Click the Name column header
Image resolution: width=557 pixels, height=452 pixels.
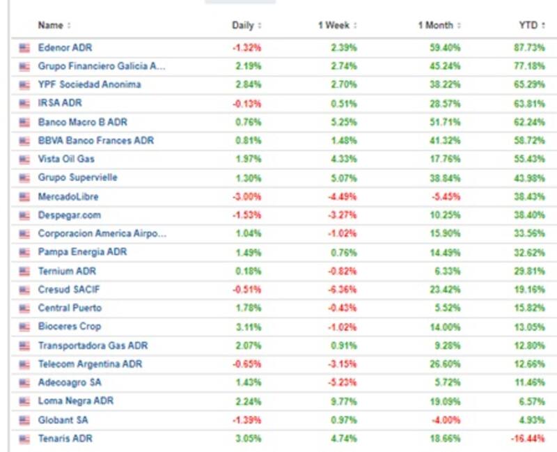click(x=50, y=25)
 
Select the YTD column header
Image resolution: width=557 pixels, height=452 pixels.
click(x=528, y=25)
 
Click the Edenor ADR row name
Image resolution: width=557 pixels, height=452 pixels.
click(x=65, y=47)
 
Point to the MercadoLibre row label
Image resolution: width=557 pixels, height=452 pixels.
click(x=68, y=196)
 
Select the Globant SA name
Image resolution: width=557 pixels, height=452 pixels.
click(x=63, y=420)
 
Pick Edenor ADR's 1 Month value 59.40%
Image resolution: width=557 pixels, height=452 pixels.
click(x=446, y=47)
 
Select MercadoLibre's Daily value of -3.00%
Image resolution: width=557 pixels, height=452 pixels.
click(x=247, y=196)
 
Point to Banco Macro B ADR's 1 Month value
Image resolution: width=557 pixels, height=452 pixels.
click(x=446, y=122)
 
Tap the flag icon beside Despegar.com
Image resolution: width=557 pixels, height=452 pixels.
click(x=25, y=215)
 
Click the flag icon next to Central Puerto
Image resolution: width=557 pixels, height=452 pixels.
click(x=25, y=308)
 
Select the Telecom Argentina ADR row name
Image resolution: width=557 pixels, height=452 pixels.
click(x=90, y=364)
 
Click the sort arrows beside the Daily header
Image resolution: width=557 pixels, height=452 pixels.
click(x=260, y=26)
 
